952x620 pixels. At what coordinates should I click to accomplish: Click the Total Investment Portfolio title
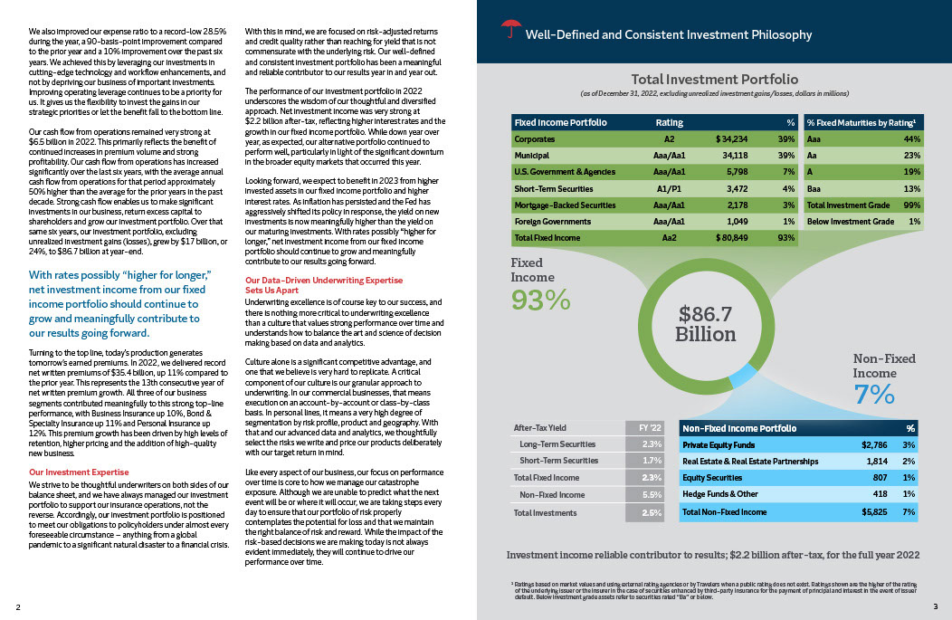click(714, 80)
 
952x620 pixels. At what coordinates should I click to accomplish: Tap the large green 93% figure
click(540, 299)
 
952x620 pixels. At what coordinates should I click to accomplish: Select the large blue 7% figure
click(875, 395)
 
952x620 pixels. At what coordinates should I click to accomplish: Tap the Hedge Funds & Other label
click(720, 494)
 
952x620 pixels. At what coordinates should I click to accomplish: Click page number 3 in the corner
click(935, 606)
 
